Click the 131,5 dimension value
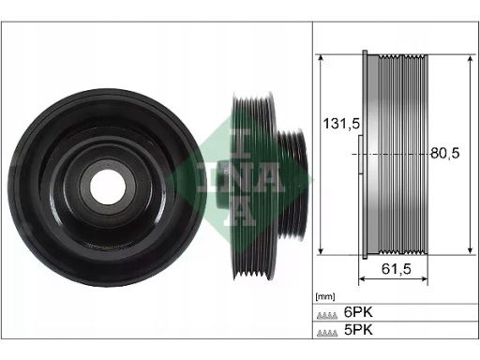(x=341, y=124)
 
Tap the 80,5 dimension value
(x=445, y=153)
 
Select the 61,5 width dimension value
(x=397, y=269)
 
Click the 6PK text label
(x=358, y=312)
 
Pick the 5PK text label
(x=358, y=330)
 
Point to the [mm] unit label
(x=325, y=296)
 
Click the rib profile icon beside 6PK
(x=327, y=315)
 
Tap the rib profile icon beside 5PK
(x=327, y=333)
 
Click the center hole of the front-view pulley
(x=108, y=187)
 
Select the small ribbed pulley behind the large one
(x=292, y=185)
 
